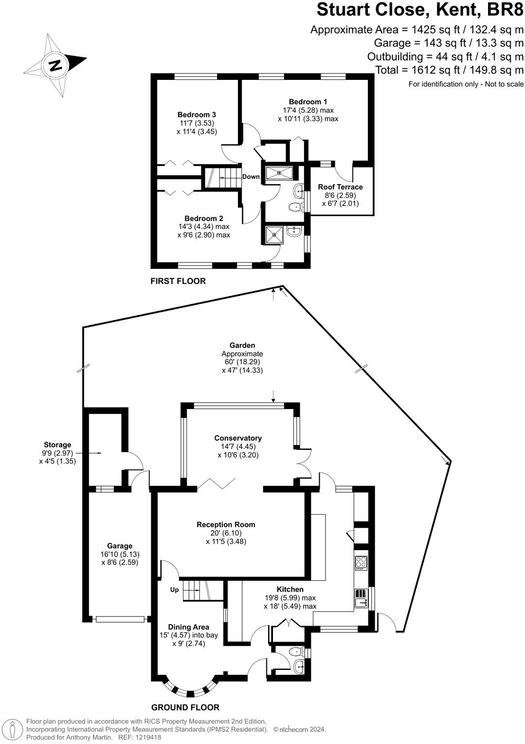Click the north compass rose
coord(55,65)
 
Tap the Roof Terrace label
coord(340,187)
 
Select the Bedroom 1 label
coord(308,102)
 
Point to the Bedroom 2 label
coord(203,219)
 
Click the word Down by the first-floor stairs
coord(251,177)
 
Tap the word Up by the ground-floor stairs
coord(174,590)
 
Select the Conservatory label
coord(238,438)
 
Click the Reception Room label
coord(226,524)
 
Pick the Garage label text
coord(120,546)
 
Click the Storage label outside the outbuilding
coord(57,445)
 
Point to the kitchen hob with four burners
coord(361,563)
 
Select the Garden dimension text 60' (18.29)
coord(242,362)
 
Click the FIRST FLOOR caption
coord(178,281)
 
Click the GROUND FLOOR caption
coord(185,707)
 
